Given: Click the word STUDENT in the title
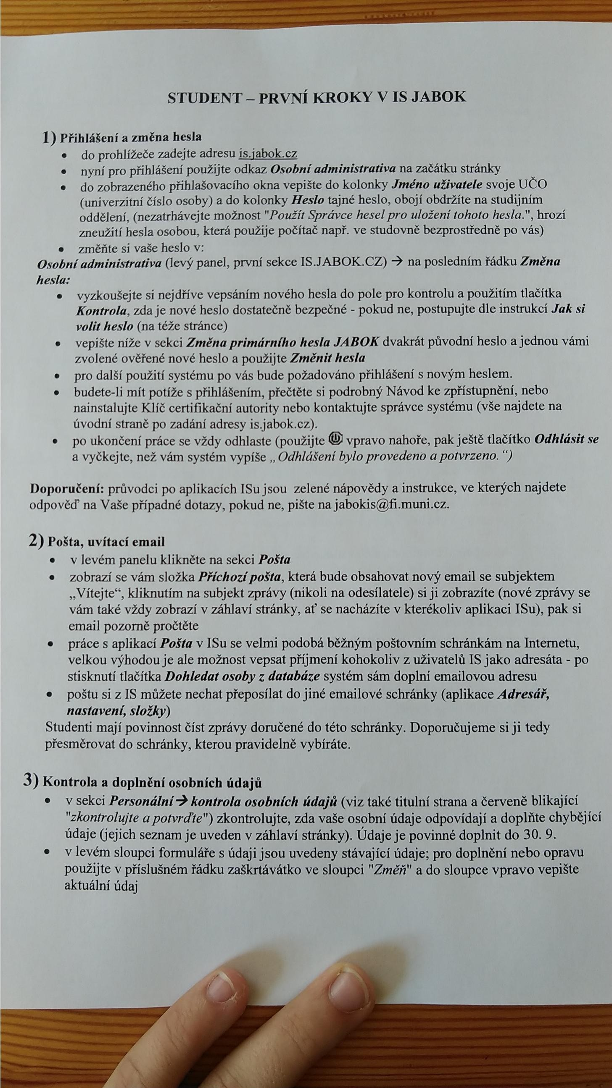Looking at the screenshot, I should [204, 98].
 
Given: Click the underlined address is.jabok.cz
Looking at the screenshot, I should [268, 155].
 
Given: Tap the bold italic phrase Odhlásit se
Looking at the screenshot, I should [566, 439].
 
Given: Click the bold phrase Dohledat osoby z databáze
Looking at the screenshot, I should [242, 676].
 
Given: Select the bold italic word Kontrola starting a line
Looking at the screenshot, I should [101, 311].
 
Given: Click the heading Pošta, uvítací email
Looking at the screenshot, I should [106, 542].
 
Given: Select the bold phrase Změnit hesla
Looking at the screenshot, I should [327, 358].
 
